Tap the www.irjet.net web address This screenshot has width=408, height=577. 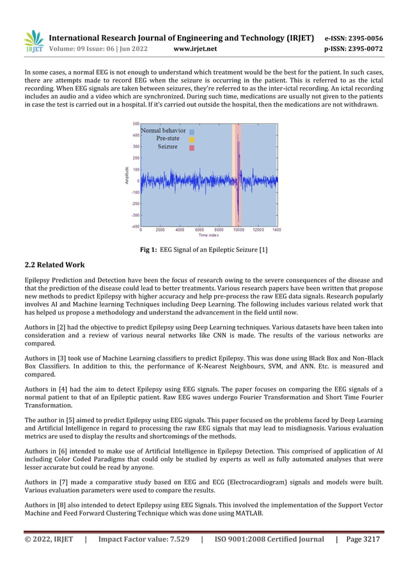[x=195, y=49]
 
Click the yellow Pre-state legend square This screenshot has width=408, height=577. [x=191, y=139]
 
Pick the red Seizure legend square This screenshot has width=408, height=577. [x=191, y=147]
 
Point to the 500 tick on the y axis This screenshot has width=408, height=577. [x=136, y=123]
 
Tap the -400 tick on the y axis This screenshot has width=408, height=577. [x=136, y=226]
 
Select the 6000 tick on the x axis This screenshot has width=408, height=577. [x=200, y=230]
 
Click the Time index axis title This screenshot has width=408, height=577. [x=208, y=235]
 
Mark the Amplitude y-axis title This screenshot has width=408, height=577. [x=127, y=175]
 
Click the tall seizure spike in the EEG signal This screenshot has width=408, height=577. [x=238, y=166]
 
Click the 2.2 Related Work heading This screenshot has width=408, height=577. [x=54, y=265]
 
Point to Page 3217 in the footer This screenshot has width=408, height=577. [x=363, y=539]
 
